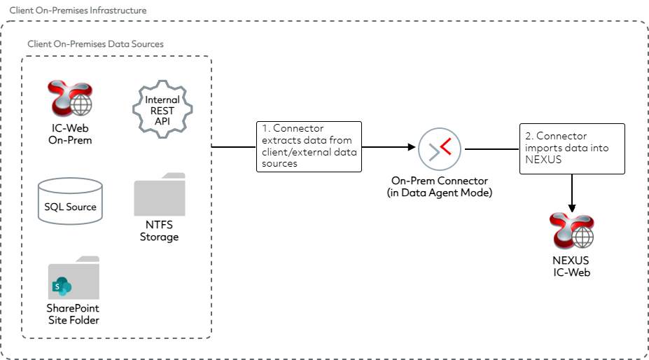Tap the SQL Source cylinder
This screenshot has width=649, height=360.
(70, 201)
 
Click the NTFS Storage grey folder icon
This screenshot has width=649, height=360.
(160, 195)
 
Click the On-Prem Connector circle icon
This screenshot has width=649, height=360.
(439, 149)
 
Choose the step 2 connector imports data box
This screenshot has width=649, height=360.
(572, 148)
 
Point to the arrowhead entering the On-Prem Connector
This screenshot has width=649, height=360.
(411, 148)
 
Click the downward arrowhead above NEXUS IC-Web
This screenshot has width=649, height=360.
(572, 207)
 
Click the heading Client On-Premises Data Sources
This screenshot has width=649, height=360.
(95, 44)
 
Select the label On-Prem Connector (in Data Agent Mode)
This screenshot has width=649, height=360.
(439, 187)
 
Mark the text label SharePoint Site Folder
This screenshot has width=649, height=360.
(73, 314)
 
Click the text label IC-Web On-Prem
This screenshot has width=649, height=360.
(69, 134)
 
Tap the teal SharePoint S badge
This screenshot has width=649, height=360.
(59, 286)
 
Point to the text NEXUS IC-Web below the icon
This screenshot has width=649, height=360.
(571, 267)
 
